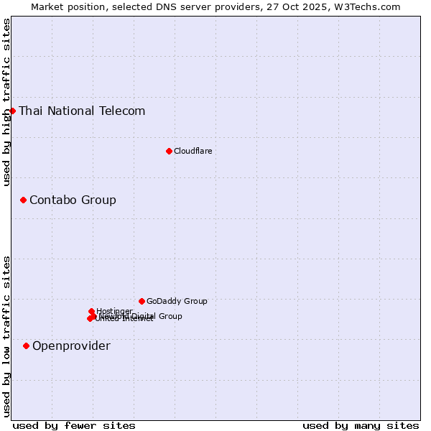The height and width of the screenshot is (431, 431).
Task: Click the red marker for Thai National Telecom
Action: pyautogui.click(x=12, y=111)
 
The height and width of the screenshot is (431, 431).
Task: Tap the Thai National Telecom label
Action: pyautogui.click(x=82, y=111)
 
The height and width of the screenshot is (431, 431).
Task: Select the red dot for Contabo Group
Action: pyautogui.click(x=23, y=200)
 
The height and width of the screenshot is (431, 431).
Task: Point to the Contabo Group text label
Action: pyautogui.click(x=73, y=200)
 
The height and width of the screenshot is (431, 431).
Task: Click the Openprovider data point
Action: pyautogui.click(x=26, y=346)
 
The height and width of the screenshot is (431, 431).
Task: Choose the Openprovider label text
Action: pyautogui.click(x=71, y=346)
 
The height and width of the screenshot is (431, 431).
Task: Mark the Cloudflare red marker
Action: pyautogui.click(x=169, y=151)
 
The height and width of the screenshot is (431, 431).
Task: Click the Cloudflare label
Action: pyautogui.click(x=193, y=151)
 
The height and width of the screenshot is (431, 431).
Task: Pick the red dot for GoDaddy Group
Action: pyautogui.click(x=142, y=301)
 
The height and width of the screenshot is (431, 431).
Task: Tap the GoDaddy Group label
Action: pyautogui.click(x=177, y=301)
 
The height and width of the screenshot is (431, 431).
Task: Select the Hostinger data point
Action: pyautogui.click(x=91, y=311)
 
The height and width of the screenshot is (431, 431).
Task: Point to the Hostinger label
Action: pyautogui.click(x=114, y=311)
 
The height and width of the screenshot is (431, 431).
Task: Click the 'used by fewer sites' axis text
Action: pyautogui.click(x=74, y=425)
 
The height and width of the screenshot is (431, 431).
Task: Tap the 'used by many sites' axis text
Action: pyautogui.click(x=361, y=425)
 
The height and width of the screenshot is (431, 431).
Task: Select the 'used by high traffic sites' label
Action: pyautogui.click(x=6, y=102)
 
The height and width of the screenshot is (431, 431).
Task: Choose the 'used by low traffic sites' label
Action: pyautogui.click(x=6, y=336)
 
